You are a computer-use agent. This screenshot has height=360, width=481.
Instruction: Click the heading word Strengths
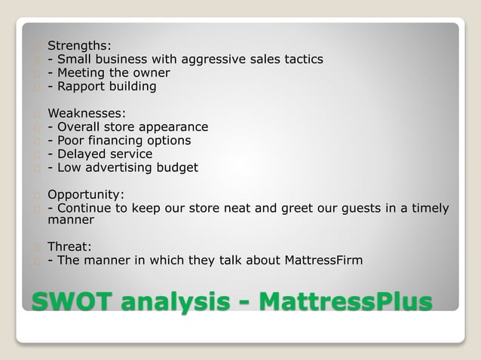(x=78, y=45)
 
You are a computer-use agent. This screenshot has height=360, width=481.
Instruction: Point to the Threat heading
(x=69, y=246)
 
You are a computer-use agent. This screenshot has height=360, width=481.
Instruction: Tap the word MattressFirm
(x=323, y=261)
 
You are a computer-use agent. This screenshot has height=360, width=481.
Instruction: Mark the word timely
(x=428, y=208)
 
